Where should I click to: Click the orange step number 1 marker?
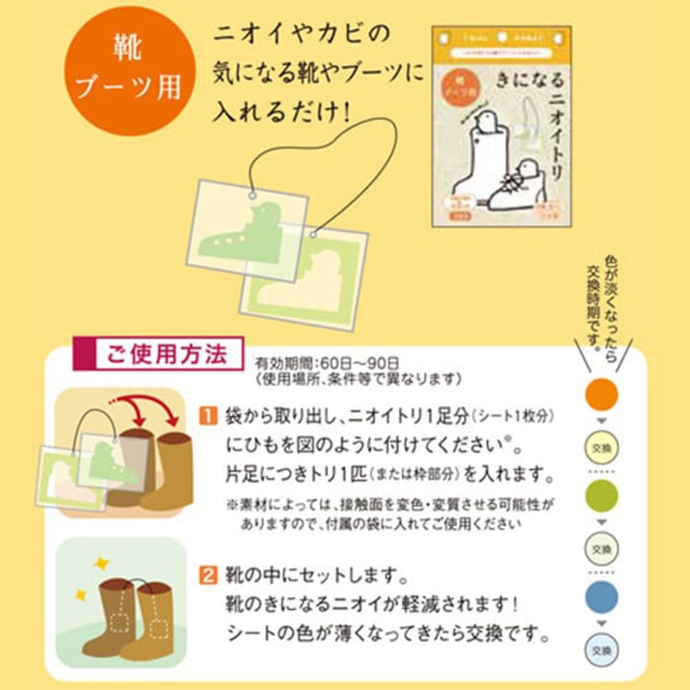(x=208, y=415)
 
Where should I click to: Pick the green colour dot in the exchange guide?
(x=601, y=496)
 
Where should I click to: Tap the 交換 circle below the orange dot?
(x=601, y=446)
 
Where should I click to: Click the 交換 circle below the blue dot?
(x=601, y=649)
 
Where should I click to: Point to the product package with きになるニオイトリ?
(x=501, y=126)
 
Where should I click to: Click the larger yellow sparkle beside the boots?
(x=101, y=563)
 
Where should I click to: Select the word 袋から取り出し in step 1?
(x=269, y=416)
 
